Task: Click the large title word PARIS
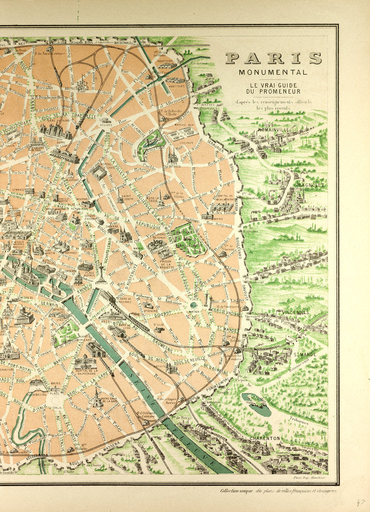point(273,58)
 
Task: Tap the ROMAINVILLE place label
point(274,130)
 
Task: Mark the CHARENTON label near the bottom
point(265,438)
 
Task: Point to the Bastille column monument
point(101,272)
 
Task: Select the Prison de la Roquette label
point(164,261)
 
